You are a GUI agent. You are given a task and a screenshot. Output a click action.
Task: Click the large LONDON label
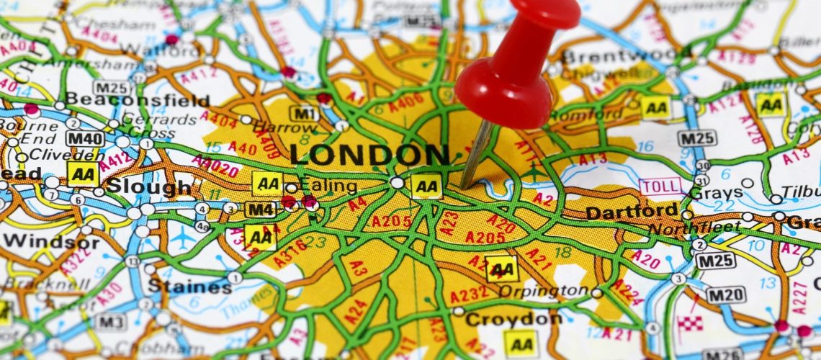pyautogui.click(x=369, y=155)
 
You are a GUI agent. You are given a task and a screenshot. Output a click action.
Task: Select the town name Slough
pyautogui.click(x=149, y=187)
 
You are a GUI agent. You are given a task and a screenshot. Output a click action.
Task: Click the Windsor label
pyautogui.click(x=51, y=240)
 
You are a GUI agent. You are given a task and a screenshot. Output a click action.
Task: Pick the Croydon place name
pyautogui.click(x=513, y=318)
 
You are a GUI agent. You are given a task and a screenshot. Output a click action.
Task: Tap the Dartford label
pyautogui.click(x=631, y=212)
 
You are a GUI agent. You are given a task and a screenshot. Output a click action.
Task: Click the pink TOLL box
pyautogui.click(x=660, y=186)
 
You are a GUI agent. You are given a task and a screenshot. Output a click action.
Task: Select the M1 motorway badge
pyautogui.click(x=304, y=113)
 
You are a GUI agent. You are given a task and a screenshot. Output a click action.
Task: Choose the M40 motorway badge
pyautogui.click(x=85, y=138)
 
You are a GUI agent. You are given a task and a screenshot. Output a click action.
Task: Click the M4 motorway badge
pyautogui.click(x=260, y=210)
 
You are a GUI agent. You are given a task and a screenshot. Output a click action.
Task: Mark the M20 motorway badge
pyautogui.click(x=724, y=295)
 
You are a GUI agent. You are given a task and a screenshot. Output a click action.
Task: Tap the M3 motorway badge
pyautogui.click(x=110, y=322)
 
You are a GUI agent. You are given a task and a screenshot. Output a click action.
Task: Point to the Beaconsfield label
pyautogui.click(x=136, y=100)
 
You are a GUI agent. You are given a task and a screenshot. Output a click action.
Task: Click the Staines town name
pyautogui.click(x=189, y=286)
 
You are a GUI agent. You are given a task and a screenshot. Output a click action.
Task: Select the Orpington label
pyautogui.click(x=554, y=291)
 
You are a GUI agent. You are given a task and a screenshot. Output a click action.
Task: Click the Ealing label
pyautogui.click(x=328, y=186)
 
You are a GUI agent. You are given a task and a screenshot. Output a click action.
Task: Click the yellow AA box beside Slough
pyautogui.click(x=83, y=174)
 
